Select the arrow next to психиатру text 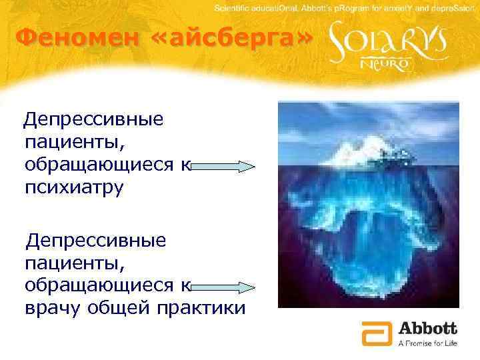click(x=223, y=166)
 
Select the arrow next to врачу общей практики click(x=223, y=287)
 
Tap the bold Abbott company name click(x=427, y=329)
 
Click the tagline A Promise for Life click(x=427, y=343)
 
